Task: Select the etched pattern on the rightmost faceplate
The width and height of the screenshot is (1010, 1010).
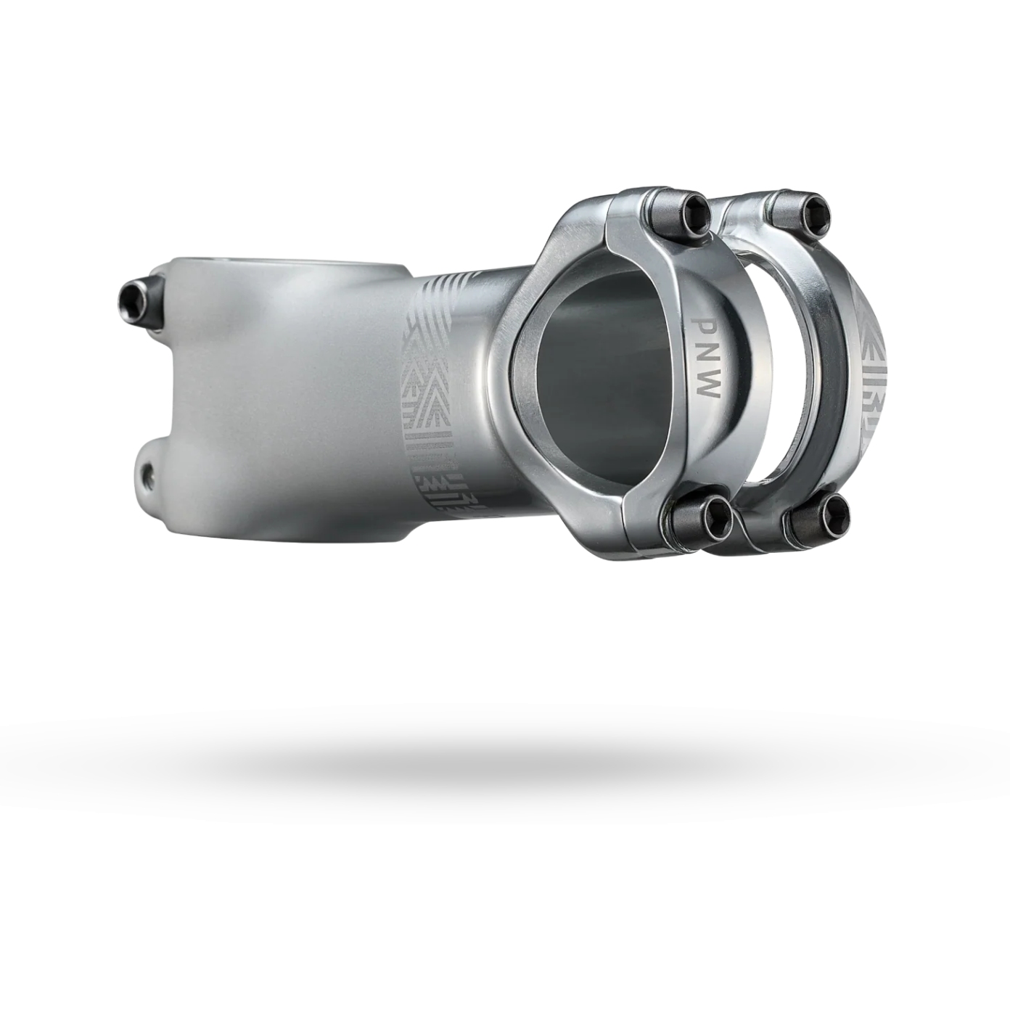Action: click(874, 377)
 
